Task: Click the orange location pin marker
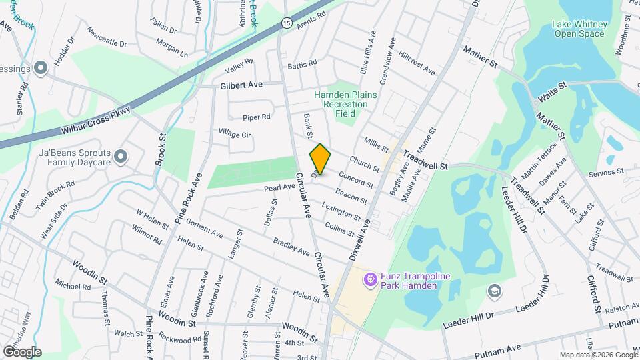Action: pos(321,159)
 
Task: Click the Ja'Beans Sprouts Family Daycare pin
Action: pos(121,156)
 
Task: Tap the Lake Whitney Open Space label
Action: pos(579,29)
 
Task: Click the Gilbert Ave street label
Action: pos(242,85)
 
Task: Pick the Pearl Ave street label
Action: pos(279,188)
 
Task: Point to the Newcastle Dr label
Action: pos(106,39)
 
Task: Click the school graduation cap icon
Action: pos(494,290)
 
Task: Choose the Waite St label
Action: pos(552,92)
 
